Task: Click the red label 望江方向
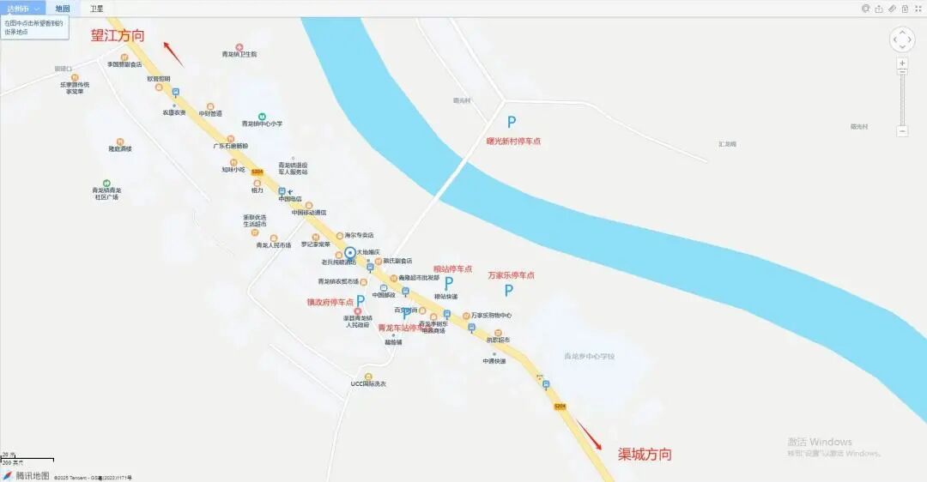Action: pyautogui.click(x=118, y=36)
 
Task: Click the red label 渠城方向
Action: pyautogui.click(x=645, y=455)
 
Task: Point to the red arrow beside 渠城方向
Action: pyautogui.click(x=588, y=434)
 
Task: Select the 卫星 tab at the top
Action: pyautogui.click(x=97, y=9)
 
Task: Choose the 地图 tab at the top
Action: pyautogui.click(x=63, y=9)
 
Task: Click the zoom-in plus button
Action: pyautogui.click(x=902, y=63)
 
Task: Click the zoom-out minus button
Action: pyautogui.click(x=902, y=131)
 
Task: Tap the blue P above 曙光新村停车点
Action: pyautogui.click(x=511, y=123)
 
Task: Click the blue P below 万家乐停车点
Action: pyautogui.click(x=509, y=291)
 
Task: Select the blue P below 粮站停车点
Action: pyautogui.click(x=448, y=283)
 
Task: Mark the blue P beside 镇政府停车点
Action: pyautogui.click(x=360, y=301)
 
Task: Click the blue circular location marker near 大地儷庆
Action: pyautogui.click(x=350, y=253)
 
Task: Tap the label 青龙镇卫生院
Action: pyautogui.click(x=239, y=54)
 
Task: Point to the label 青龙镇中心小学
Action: pyautogui.click(x=262, y=124)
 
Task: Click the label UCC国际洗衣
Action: pyautogui.click(x=368, y=384)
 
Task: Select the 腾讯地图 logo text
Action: pyautogui.click(x=33, y=475)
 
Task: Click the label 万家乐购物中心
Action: pyautogui.click(x=491, y=316)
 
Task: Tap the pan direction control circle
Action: pyautogui.click(x=902, y=39)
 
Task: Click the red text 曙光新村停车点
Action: pyautogui.click(x=513, y=142)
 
